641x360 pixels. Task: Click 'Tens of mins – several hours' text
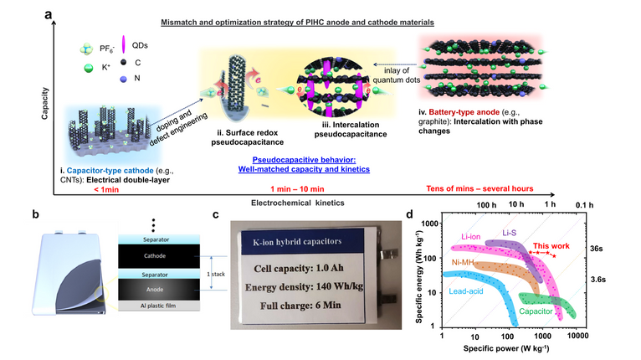point(475,188)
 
